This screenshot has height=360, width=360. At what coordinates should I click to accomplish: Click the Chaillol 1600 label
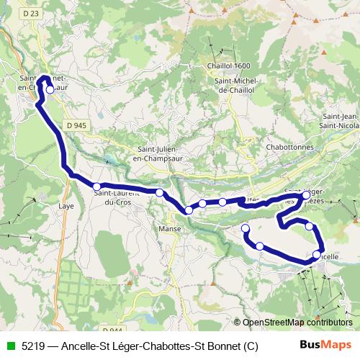(232, 65)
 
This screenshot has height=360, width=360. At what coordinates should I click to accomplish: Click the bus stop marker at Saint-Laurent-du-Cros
(96, 186)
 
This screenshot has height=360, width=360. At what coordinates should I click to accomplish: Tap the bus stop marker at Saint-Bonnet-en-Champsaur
(50, 90)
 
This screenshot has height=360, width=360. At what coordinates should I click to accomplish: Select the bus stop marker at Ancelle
(317, 254)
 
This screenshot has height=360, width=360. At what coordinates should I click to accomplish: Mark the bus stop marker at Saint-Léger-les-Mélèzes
(307, 195)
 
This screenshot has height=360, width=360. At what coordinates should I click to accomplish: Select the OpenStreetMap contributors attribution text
(296, 323)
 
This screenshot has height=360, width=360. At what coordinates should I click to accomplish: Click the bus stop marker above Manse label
(189, 210)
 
